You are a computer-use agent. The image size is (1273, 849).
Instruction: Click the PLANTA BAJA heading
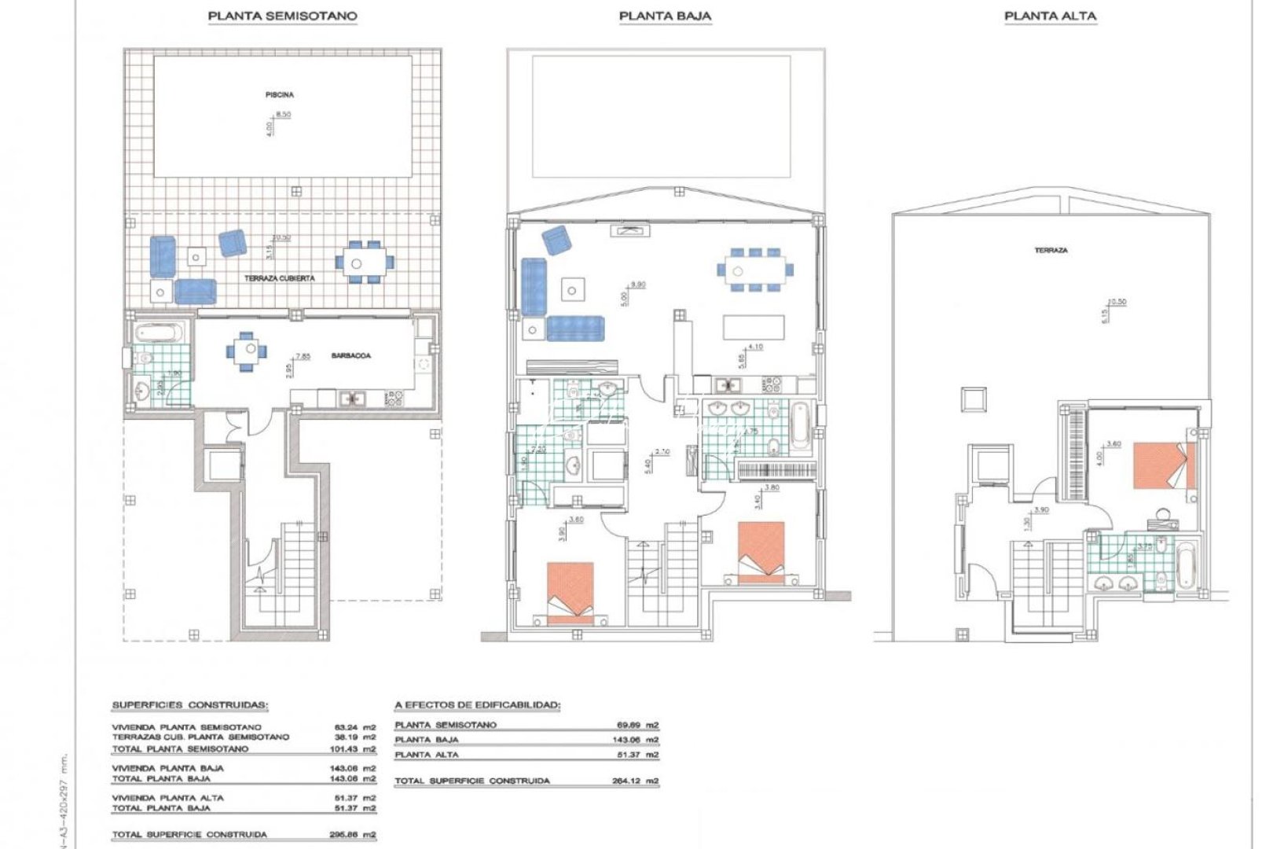coord(665,16)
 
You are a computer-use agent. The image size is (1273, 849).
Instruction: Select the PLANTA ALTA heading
coord(1050,16)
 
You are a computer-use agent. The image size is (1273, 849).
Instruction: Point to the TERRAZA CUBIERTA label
coord(280,278)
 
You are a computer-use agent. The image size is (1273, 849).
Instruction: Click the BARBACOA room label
coord(351,355)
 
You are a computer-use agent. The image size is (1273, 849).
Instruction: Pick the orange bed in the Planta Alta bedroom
coord(1165,465)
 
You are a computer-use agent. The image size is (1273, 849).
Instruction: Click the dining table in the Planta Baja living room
coord(754,271)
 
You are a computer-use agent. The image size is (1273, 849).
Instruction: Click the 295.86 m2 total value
coord(355,835)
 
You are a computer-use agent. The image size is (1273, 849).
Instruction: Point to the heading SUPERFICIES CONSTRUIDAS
coord(189,705)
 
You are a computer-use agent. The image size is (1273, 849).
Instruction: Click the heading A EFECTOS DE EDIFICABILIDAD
coord(477,705)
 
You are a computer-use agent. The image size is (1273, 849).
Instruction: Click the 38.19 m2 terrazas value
coord(355,737)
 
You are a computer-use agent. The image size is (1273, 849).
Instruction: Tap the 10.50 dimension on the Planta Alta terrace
coord(1117,302)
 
